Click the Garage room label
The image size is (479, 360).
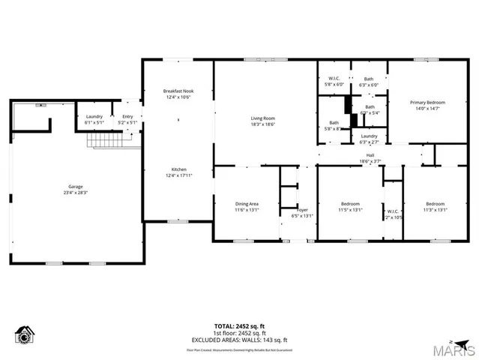[x=76, y=186]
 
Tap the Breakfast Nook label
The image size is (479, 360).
[x=178, y=91]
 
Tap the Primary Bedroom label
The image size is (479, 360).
[x=427, y=102]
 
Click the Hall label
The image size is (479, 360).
[x=370, y=156]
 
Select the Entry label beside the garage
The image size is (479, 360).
[x=127, y=116]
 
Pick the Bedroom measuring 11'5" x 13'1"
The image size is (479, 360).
[x=350, y=204]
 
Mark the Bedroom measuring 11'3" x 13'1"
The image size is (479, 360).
[x=435, y=204]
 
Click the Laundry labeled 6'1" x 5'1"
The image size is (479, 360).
[x=94, y=116]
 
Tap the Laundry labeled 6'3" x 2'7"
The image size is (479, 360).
[x=369, y=136]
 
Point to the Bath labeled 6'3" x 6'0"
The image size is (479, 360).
[x=369, y=79]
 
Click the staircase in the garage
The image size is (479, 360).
[x=104, y=139]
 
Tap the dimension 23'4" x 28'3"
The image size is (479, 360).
[x=76, y=192]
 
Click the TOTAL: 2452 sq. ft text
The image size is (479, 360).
[x=239, y=326]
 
